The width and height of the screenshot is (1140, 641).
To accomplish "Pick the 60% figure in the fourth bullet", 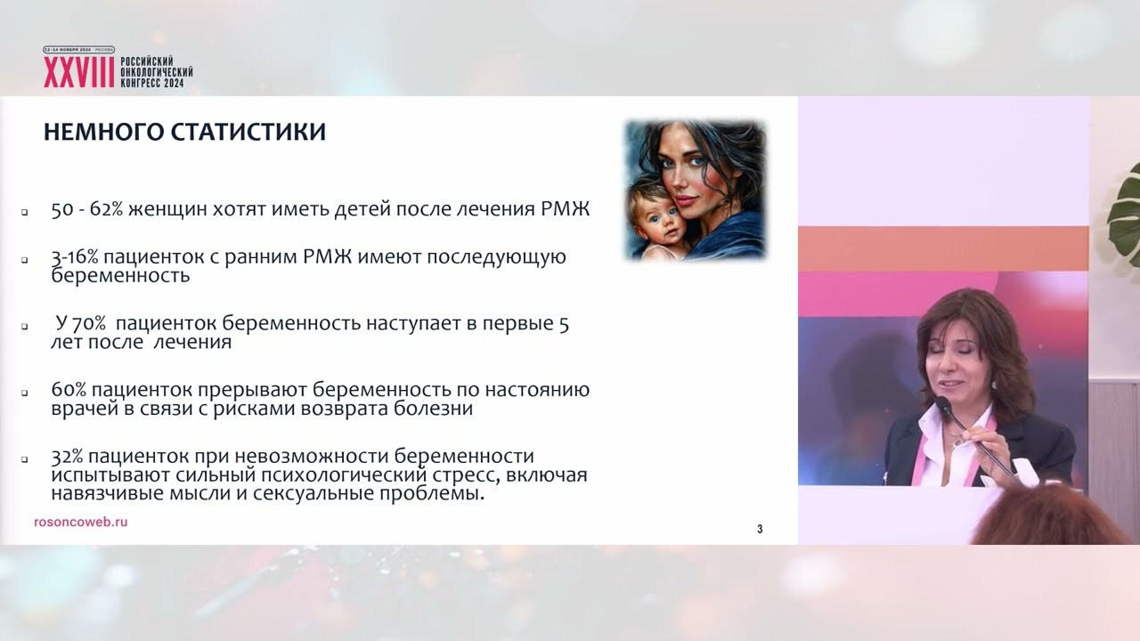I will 69,390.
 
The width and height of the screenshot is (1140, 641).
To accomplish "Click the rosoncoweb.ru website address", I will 80,522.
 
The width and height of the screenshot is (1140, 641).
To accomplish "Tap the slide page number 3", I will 760,530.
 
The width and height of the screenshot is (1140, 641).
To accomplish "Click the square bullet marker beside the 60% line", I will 26,393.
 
